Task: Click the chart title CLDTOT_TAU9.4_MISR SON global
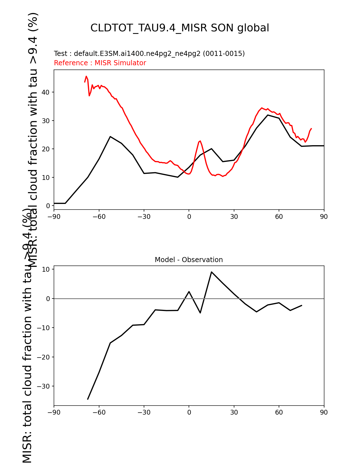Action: pyautogui.click(x=180, y=28)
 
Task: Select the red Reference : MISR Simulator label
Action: pyautogui.click(x=100, y=63)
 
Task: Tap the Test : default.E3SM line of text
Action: pyautogui.click(x=149, y=54)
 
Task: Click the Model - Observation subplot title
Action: pyautogui.click(x=189, y=260)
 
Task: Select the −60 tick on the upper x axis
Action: pyautogui.click(x=99, y=217)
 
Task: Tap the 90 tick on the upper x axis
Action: pyautogui.click(x=324, y=217)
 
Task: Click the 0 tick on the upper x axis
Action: pyautogui.click(x=189, y=217)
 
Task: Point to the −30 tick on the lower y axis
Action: pyautogui.click(x=43, y=386)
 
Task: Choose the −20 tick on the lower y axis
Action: pyautogui.click(x=43, y=357)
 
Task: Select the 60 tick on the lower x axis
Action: pyautogui.click(x=279, y=412)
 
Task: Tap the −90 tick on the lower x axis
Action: pyautogui.click(x=54, y=412)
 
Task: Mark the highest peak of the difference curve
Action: pyautogui.click(x=211, y=272)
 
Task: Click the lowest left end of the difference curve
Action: pyautogui.click(x=88, y=399)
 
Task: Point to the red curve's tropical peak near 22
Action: pyautogui.click(x=200, y=141)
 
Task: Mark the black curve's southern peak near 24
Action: pyautogui.click(x=110, y=136)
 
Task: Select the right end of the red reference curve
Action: pyautogui.click(x=311, y=129)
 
